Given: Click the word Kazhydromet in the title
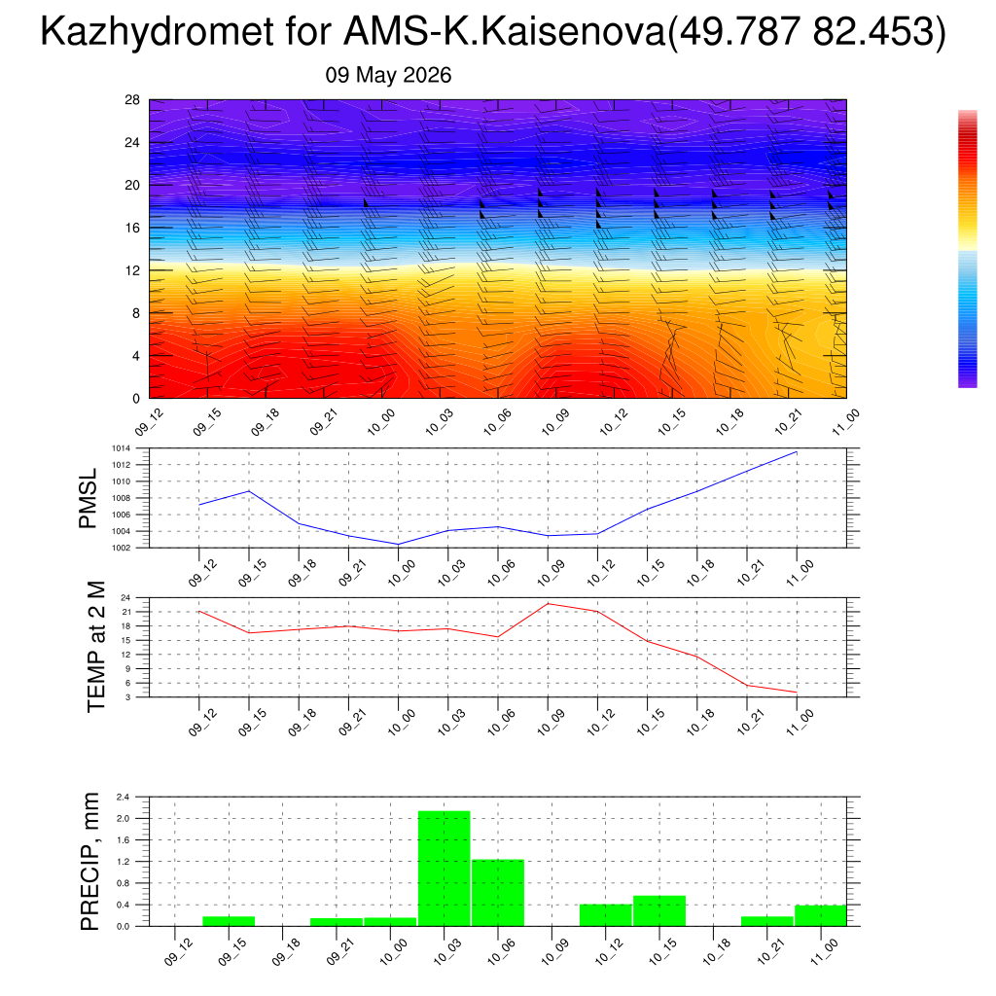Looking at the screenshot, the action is pyautogui.click(x=158, y=31).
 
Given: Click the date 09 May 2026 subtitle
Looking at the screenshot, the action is pyautogui.click(x=388, y=75).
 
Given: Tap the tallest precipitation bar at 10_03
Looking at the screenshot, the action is pyautogui.click(x=444, y=869).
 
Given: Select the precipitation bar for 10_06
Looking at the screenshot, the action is pyautogui.click(x=498, y=893).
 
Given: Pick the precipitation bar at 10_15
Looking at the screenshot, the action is pyautogui.click(x=659, y=910).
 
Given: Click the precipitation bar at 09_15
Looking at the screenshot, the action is pyautogui.click(x=229, y=921).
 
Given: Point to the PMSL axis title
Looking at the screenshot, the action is pyautogui.click(x=88, y=499).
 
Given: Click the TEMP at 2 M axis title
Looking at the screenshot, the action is pyautogui.click(x=96, y=647).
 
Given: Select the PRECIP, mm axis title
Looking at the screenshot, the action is pyautogui.click(x=89, y=862).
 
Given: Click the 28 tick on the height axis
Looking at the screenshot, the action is pyautogui.click(x=132, y=100).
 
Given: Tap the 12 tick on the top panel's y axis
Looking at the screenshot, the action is pyautogui.click(x=132, y=270).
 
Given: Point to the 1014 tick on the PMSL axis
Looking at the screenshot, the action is pyautogui.click(x=122, y=448).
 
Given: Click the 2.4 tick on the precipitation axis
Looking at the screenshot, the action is pyautogui.click(x=124, y=797).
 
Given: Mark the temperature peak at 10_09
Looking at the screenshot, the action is pyautogui.click(x=548, y=603).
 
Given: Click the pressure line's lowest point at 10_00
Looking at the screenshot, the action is pyautogui.click(x=398, y=545).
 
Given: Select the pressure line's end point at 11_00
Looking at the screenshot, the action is pyautogui.click(x=797, y=451).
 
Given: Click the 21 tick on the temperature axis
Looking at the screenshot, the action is pyautogui.click(x=126, y=613).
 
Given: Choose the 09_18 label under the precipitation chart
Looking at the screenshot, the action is pyautogui.click(x=286, y=951).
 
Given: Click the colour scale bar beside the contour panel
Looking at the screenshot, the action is pyautogui.click(x=968, y=248).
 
